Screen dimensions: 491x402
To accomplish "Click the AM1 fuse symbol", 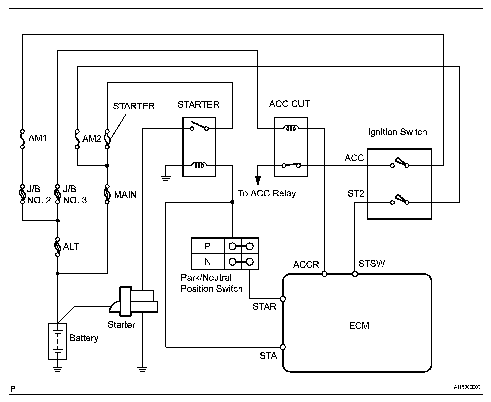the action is [x=22, y=139].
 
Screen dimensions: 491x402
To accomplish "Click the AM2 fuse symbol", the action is [x=77, y=139].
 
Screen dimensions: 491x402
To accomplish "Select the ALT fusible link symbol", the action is [x=57, y=247].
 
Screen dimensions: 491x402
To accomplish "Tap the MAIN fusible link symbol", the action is [x=107, y=194].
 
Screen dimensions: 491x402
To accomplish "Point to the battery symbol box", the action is [x=57, y=341].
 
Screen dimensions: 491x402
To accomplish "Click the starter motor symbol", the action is [x=134, y=301].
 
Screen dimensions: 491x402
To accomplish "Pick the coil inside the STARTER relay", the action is [x=199, y=165].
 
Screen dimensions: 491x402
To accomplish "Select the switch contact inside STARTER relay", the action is [x=199, y=126].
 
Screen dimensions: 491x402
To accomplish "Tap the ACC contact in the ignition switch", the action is [x=400, y=163].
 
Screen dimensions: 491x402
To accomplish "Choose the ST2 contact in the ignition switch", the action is [x=400, y=200].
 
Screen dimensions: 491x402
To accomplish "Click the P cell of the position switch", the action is [x=208, y=246].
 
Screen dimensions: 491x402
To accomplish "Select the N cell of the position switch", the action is [x=208, y=262].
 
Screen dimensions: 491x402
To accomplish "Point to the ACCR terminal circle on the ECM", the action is [x=324, y=274].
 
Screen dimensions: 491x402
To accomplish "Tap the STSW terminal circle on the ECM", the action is [x=355, y=274].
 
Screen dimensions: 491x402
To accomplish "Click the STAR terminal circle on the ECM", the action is [x=283, y=299].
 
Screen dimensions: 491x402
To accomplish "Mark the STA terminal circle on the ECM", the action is [x=283, y=347].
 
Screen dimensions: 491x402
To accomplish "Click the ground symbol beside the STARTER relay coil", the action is [x=166, y=178].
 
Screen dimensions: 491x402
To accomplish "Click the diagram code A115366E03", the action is [x=467, y=387].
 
